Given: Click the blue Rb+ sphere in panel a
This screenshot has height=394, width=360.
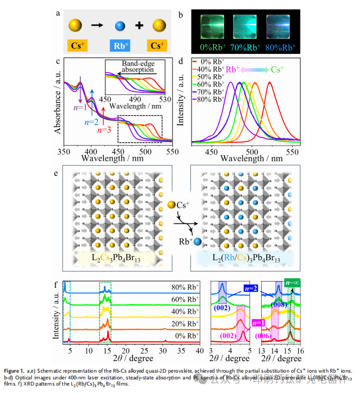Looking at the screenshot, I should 119,25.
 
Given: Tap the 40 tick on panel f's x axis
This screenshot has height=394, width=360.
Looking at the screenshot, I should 200,350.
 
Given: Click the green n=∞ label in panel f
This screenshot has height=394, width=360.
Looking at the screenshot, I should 292,283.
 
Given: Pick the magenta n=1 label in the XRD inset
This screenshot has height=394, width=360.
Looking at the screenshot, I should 258,323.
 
